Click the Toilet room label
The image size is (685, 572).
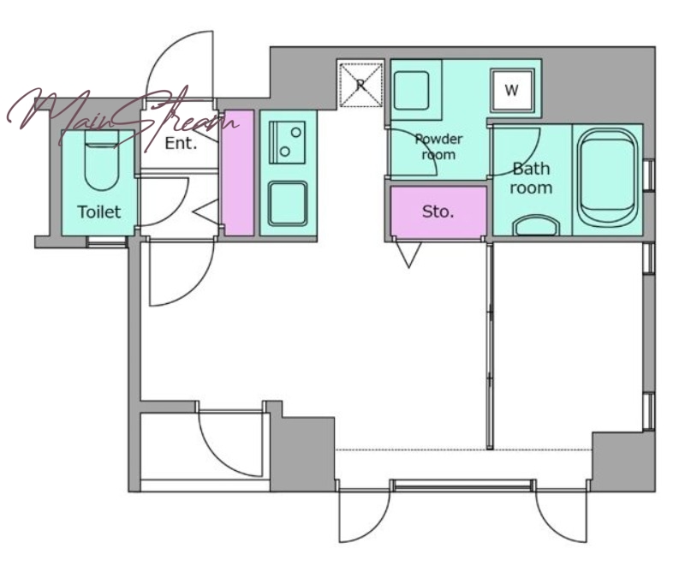click(99, 212)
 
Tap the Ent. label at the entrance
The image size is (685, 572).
click(181, 143)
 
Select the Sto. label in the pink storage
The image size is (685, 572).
click(438, 212)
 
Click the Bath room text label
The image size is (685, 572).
click(531, 178)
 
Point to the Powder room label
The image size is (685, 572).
click(438, 146)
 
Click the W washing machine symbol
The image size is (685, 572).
click(512, 90)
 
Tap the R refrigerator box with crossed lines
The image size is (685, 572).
click(360, 84)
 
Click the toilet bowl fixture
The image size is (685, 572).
click(101, 161)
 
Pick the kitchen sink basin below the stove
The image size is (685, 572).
click(288, 204)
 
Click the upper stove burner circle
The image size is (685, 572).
click(296, 132)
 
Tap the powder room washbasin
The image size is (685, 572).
click(412, 91)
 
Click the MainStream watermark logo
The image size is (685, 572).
click(123, 115)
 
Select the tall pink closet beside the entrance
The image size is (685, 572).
click(238, 173)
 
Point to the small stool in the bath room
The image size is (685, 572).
click(537, 224)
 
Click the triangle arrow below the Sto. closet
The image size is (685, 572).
click(409, 254)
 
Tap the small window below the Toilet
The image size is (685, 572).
click(106, 241)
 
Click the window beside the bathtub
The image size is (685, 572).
click(649, 176)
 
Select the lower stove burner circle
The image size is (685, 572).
click(285, 152)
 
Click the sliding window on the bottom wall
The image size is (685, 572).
click(463, 485)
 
